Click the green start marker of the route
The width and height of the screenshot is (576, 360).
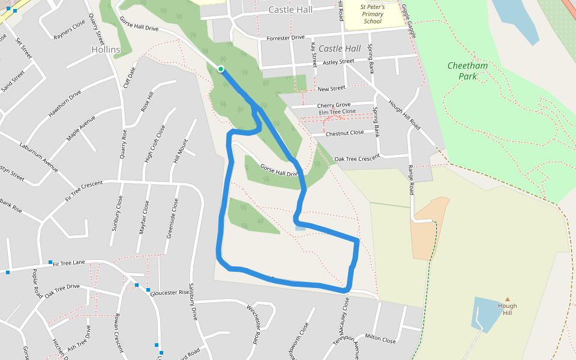coord(221,70)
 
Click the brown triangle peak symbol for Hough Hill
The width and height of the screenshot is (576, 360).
coord(508,299)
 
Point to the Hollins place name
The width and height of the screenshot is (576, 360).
coord(106,49)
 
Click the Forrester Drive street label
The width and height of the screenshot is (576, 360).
coord(285,38)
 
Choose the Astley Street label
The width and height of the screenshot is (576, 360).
coord(338,62)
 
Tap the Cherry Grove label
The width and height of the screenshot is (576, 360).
coord(334,105)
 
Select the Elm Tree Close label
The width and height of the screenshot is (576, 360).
coord(337,112)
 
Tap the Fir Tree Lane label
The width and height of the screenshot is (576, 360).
coord(69,263)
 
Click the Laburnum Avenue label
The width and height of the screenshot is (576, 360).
coord(38,157)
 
